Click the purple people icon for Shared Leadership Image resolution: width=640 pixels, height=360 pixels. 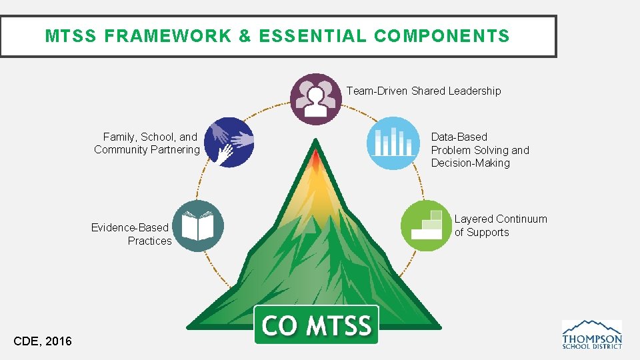tap(316, 99)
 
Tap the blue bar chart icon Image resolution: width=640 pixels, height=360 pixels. tap(393, 143)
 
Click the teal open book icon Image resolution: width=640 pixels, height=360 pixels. tap(197, 226)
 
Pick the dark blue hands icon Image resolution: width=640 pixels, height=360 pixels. tap(229, 142)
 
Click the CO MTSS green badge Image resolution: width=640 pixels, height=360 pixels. tap(316, 325)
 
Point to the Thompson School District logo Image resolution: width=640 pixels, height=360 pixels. tap(592, 334)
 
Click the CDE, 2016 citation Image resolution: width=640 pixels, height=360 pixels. tap(43, 341)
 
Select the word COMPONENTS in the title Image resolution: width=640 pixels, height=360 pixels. tap(442, 36)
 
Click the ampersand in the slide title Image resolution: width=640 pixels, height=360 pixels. tap(245, 36)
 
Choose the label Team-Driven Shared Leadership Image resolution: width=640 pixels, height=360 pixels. tap(423, 91)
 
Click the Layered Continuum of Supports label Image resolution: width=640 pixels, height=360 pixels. tap(501, 225)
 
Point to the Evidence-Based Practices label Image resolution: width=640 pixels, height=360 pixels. tap(131, 234)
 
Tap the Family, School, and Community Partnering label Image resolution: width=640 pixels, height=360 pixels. tap(147, 143)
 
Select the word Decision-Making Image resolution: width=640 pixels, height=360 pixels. tap(470, 163)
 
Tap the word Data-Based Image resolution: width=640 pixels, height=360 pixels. tap(459, 137)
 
